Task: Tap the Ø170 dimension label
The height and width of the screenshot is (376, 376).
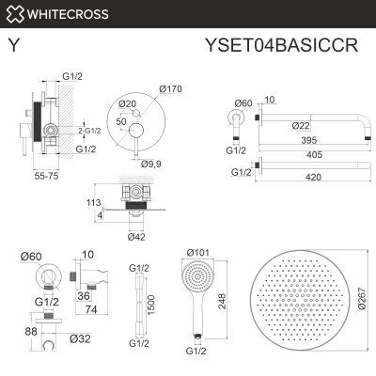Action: (x=170, y=88)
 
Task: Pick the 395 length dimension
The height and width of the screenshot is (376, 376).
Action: (x=296, y=140)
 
